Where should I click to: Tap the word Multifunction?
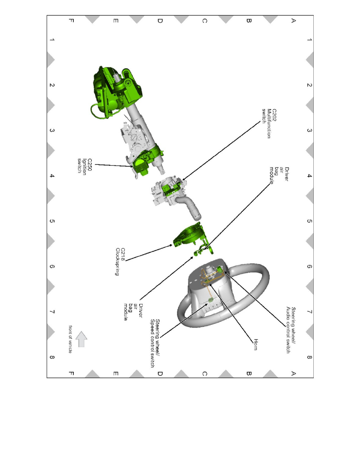[x=269, y=123]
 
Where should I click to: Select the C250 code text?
[x=90, y=165]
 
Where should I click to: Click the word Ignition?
[x=85, y=167]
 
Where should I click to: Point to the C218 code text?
[x=123, y=255]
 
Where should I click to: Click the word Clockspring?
[x=117, y=262]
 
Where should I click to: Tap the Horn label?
[x=256, y=344]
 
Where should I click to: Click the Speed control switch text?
[x=153, y=343]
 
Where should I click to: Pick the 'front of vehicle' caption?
[x=71, y=339]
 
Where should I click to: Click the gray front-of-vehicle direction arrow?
[x=82, y=339]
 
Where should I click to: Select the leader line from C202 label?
[x=221, y=151]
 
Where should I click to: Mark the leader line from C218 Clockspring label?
[x=149, y=253]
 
